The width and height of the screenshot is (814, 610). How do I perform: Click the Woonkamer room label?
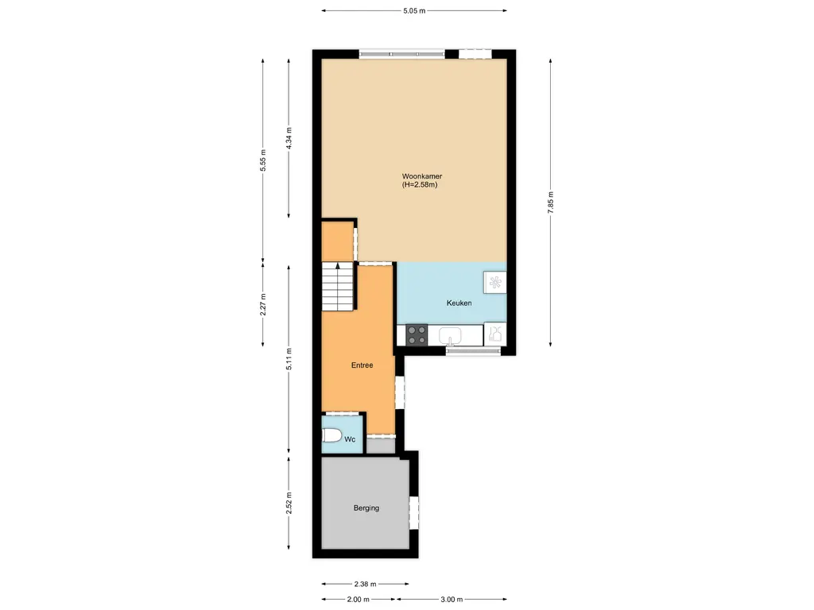coord(421,176)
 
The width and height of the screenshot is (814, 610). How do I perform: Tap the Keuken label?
coord(459,303)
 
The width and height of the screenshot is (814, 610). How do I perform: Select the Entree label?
coord(362,365)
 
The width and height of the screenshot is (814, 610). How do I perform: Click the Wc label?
coord(350,438)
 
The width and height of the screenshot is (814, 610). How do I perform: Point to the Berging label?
coord(366,508)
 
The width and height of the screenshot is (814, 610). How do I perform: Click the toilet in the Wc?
coord(332,437)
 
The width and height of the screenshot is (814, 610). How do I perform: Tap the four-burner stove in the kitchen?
coord(417,335)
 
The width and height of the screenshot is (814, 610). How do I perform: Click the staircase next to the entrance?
coord(337,287)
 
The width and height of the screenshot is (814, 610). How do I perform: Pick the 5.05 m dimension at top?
coord(415,11)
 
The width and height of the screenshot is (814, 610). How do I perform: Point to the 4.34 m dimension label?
coord(289,141)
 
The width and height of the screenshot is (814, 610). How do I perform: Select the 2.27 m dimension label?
coord(263,305)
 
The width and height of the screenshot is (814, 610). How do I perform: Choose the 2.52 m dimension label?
coord(289,502)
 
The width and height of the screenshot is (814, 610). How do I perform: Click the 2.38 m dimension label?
coord(366,583)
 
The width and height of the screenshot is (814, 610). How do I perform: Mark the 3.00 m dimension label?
coord(451,600)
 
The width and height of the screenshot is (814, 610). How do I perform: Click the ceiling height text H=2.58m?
coord(421,185)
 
